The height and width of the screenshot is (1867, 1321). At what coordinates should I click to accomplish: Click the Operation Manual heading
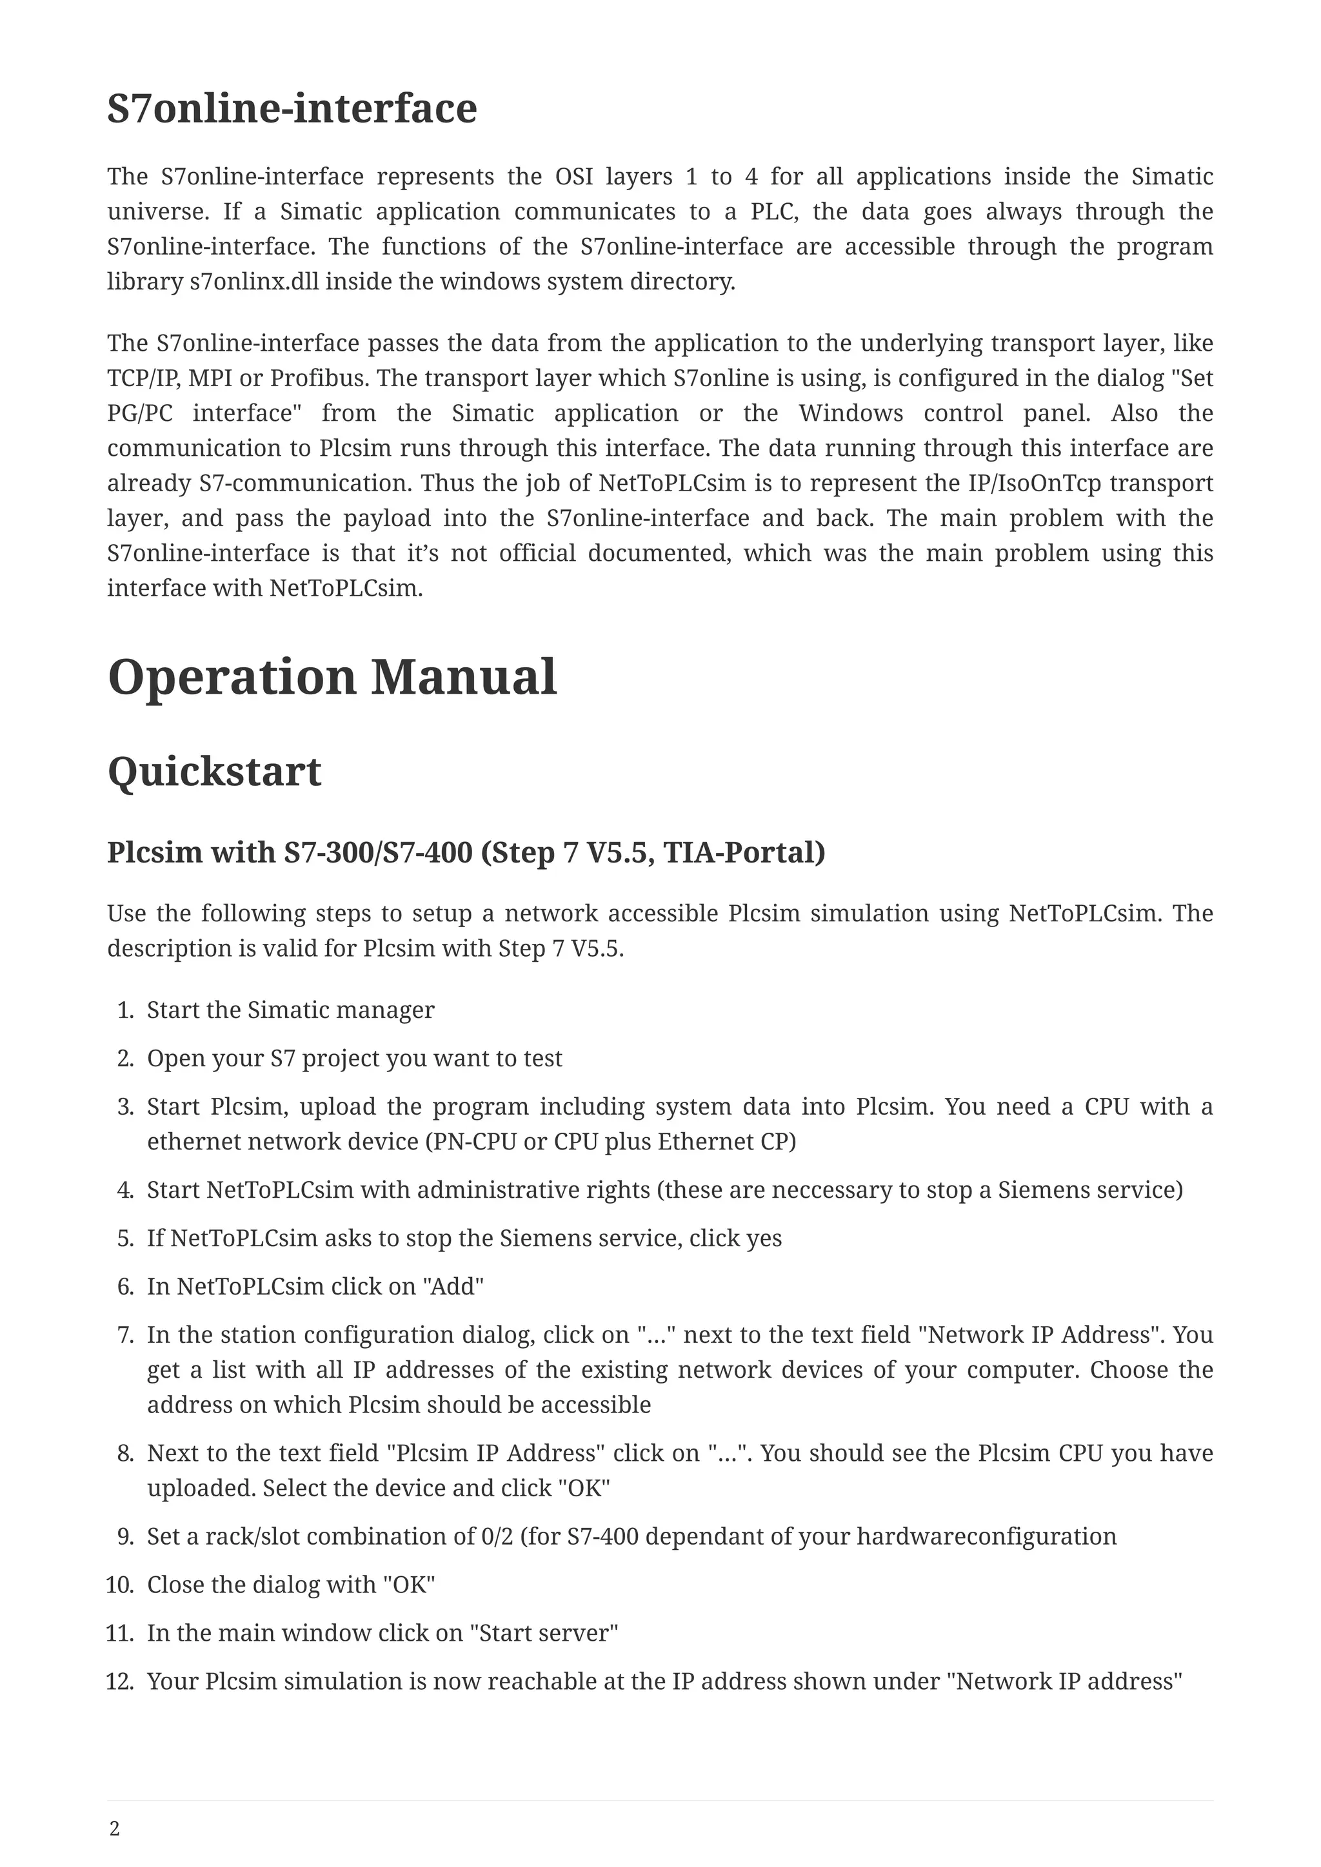332,678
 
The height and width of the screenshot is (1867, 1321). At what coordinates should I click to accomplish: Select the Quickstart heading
214,772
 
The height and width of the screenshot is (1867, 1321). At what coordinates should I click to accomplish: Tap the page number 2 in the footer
115,1829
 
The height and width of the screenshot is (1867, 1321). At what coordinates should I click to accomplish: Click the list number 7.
125,1335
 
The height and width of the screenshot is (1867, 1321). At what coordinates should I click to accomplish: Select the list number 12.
119,1681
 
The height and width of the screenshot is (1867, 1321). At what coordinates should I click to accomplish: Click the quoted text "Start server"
543,1633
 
